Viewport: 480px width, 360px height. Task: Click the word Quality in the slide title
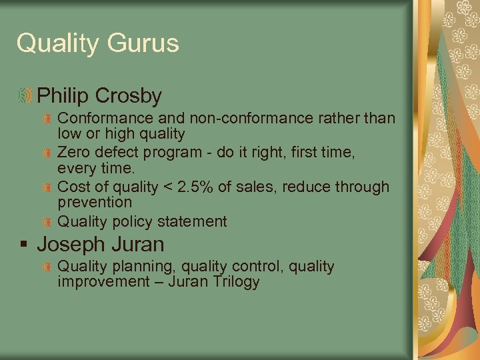55,43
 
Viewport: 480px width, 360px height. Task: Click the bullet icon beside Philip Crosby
25,96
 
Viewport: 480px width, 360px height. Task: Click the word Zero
74,152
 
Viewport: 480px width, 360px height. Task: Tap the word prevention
95,202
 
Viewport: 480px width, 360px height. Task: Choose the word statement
195,221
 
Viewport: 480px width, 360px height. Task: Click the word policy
132,221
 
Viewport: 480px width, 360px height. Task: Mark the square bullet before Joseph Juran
23,245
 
